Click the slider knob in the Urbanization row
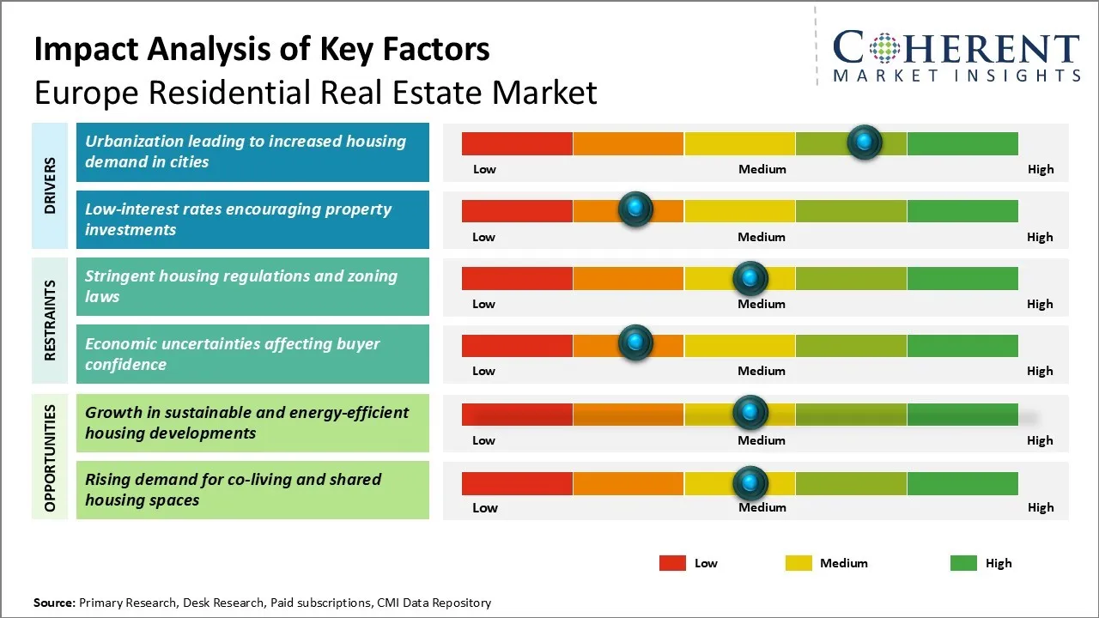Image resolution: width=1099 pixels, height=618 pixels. pos(864,142)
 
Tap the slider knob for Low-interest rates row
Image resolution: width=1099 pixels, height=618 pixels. pos(635,209)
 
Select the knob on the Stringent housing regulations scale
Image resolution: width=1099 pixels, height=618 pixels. pos(750,277)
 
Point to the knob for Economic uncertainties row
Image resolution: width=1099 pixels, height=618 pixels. pos(635,342)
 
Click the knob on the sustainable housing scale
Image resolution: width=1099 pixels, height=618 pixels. pos(750,413)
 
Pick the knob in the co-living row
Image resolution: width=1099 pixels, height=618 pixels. pos(750,483)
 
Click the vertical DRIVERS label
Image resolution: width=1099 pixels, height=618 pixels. pos(50,185)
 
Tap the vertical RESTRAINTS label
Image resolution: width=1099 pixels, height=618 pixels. pos(50,320)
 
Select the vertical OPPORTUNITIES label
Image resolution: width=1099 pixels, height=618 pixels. pos(50,457)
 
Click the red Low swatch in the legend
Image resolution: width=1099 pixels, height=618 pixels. pos(672,563)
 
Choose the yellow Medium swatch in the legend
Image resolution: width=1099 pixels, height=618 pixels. pos(798,563)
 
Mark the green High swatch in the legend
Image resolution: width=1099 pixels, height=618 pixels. pos(963,563)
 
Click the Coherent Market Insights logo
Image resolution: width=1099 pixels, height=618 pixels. pos(956,56)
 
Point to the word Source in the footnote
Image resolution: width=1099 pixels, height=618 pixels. pos(54,603)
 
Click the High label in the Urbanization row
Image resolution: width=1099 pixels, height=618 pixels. pos(1041,169)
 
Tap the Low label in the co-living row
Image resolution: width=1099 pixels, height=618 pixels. pos(485,507)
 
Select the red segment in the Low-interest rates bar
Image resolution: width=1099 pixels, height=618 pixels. pos(517,210)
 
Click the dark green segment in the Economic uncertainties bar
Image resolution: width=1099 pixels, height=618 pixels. pos(962,345)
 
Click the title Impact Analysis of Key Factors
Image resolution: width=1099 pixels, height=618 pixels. pos(262,50)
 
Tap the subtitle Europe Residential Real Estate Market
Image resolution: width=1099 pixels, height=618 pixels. pos(315,92)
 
